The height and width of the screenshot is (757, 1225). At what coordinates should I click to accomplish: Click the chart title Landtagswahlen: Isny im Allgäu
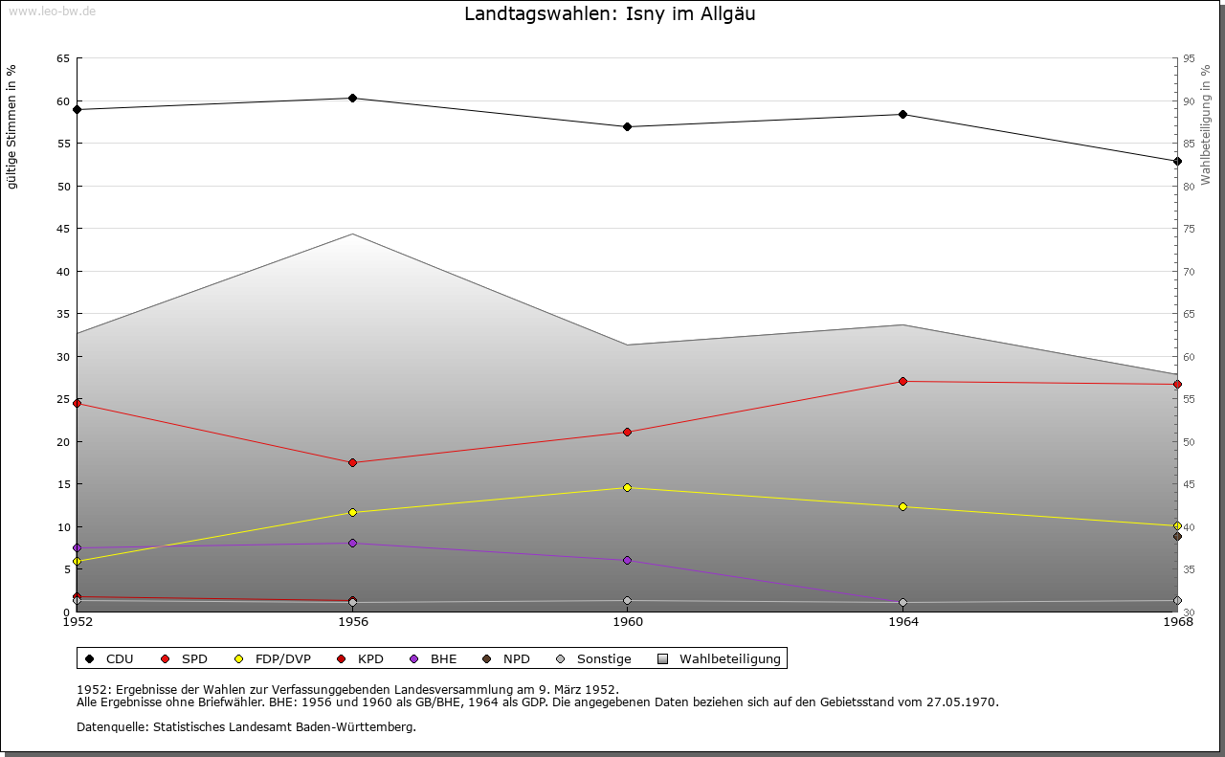pos(610,14)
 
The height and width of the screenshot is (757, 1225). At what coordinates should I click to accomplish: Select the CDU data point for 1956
pos(352,98)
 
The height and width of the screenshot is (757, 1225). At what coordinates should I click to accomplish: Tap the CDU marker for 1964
pos(902,114)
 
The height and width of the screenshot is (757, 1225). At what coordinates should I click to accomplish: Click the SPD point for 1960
pos(627,432)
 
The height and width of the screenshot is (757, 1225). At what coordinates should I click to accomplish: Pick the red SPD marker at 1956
pos(352,462)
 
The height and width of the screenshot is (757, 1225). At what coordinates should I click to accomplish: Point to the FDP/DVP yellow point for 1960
pos(627,487)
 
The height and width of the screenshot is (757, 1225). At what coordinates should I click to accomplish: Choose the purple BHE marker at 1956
pos(352,543)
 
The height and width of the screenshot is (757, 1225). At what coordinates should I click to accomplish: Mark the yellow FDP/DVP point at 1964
pos(902,506)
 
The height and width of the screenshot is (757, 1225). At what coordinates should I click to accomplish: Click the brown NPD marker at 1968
pos(1177,536)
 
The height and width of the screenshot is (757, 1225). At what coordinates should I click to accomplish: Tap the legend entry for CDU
pos(110,658)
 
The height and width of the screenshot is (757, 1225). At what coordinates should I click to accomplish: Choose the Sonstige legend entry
pos(593,658)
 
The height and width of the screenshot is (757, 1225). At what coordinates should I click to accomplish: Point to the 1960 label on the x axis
pos(628,622)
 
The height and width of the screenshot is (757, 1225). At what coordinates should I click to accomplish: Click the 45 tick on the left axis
pos(62,229)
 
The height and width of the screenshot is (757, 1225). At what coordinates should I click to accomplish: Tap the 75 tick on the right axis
pos(1189,229)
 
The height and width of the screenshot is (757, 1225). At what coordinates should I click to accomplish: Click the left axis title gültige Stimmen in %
pos(12,126)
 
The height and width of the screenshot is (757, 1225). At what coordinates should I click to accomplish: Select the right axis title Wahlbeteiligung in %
pos(1206,124)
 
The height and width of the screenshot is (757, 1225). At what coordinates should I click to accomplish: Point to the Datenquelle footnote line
pos(246,726)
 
